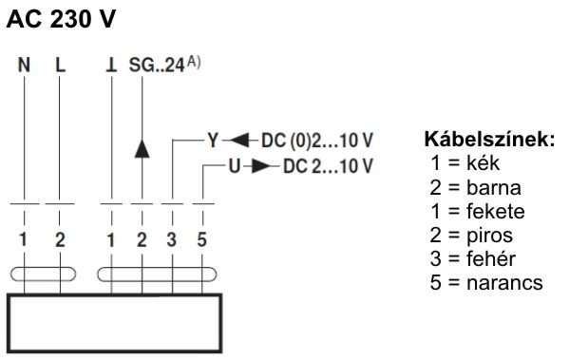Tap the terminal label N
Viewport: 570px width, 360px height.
click(24, 69)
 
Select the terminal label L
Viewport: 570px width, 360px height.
click(60, 69)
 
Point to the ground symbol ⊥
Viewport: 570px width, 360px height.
click(111, 69)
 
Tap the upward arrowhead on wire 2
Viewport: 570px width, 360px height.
click(142, 148)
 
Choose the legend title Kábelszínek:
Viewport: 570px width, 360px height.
click(489, 141)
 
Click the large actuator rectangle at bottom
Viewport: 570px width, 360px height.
click(114, 323)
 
